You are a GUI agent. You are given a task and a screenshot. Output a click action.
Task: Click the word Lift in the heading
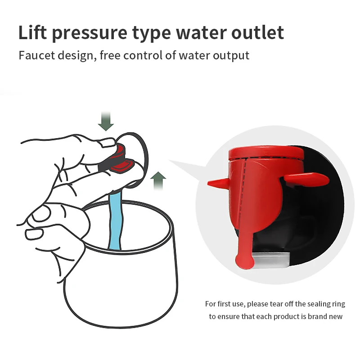click(32, 32)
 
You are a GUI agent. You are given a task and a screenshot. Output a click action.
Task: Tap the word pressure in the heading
click(90, 34)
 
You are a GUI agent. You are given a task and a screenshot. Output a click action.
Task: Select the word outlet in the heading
click(257, 32)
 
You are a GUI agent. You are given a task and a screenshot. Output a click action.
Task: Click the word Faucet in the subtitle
click(37, 55)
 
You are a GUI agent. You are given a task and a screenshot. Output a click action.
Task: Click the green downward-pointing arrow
click(106, 121)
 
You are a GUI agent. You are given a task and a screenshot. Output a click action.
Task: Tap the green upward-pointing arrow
click(158, 181)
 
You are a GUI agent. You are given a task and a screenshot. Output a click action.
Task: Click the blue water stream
click(116, 221)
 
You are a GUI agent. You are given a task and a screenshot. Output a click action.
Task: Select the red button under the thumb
click(120, 158)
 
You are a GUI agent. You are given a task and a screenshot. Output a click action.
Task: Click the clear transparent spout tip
click(270, 260)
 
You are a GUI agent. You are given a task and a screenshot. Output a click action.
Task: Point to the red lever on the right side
click(307, 179)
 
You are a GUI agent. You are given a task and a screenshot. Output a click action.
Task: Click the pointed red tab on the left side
click(218, 183)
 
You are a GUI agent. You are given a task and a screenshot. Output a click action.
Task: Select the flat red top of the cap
click(266, 152)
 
